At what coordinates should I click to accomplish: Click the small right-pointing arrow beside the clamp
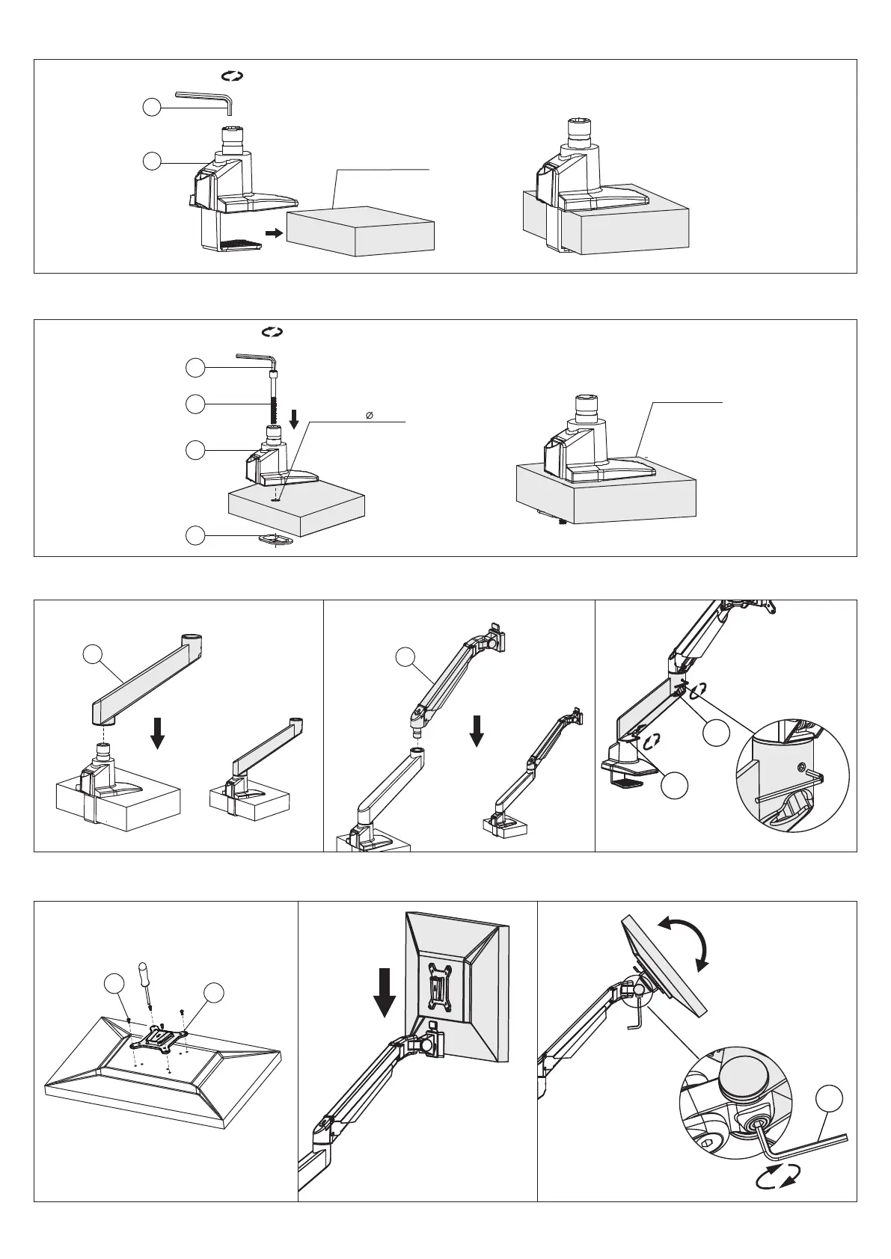point(275,233)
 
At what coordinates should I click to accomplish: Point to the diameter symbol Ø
point(370,415)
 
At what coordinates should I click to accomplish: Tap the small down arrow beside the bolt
point(295,420)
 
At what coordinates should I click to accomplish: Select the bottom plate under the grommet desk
point(278,539)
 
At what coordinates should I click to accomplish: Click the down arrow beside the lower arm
point(157,731)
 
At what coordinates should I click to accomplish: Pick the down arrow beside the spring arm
point(477,730)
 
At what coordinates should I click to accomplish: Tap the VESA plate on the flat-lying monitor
point(159,1039)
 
